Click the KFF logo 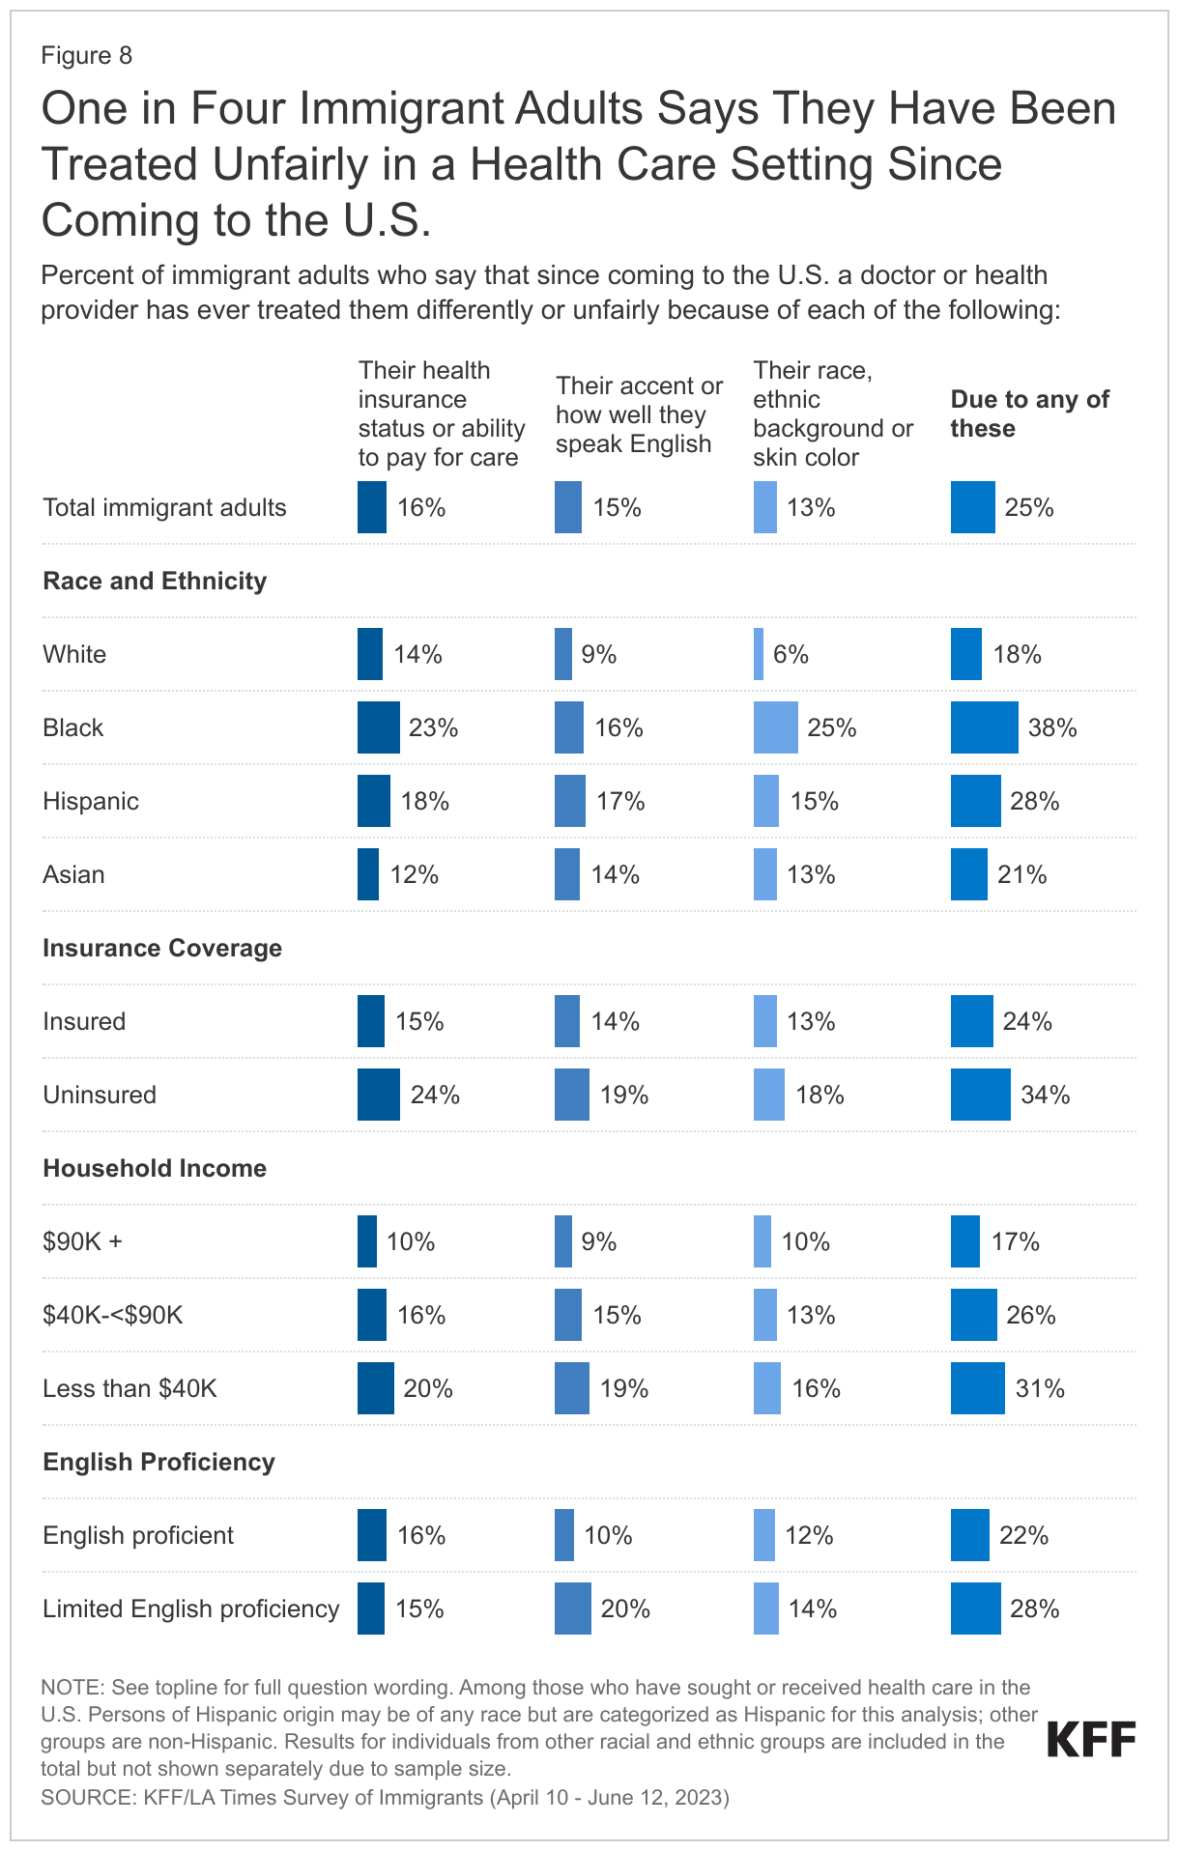coord(1091,1739)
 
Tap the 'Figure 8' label coord(86,56)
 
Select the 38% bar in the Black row coord(984,727)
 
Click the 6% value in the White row coord(791,654)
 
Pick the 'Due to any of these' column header coord(1029,413)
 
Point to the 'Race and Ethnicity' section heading coord(155,581)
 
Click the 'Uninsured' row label coord(100,1095)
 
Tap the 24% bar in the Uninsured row coord(378,1095)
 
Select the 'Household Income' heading coord(155,1168)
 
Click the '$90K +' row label coord(82,1241)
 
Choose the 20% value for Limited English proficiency coord(625,1609)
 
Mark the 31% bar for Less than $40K coord(977,1388)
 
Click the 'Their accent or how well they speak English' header coord(639,414)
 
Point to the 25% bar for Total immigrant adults coord(972,507)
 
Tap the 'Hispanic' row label coord(91,801)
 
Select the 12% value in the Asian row coord(415,874)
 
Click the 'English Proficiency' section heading coord(158,1462)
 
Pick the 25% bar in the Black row coord(775,727)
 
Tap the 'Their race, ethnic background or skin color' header coord(832,413)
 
